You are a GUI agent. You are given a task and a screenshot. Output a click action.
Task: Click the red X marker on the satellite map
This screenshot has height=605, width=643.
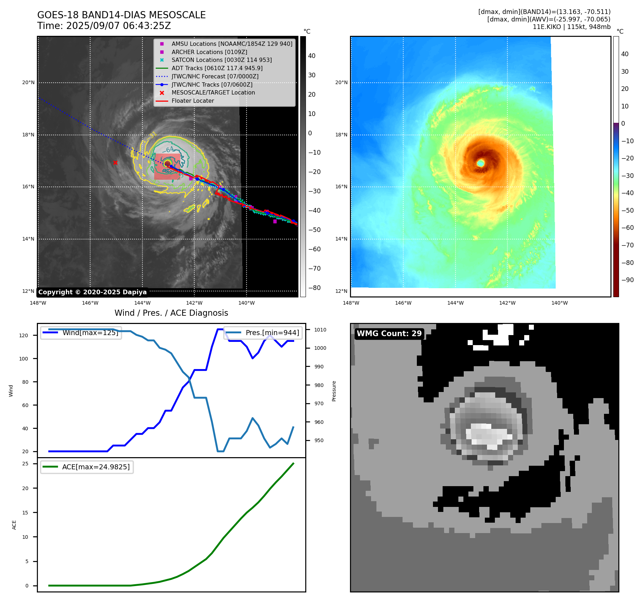click(115, 163)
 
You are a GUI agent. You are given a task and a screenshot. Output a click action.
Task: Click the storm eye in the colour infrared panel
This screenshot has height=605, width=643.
click(481, 163)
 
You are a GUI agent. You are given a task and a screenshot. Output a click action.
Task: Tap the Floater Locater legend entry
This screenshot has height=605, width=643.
click(193, 101)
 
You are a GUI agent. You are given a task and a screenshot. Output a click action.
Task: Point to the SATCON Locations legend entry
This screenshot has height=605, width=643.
click(221, 60)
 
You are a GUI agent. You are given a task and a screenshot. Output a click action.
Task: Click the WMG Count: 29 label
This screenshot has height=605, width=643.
click(389, 334)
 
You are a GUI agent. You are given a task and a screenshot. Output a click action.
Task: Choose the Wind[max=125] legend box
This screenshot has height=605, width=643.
click(81, 333)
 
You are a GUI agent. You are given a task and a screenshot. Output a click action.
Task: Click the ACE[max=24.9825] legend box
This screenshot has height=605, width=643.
click(87, 467)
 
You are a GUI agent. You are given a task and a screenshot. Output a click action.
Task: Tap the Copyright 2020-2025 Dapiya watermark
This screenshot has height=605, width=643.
click(92, 292)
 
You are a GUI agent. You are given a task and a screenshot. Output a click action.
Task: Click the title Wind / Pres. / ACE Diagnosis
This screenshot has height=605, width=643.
click(171, 313)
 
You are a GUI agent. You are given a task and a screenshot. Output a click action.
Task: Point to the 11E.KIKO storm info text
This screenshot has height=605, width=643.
click(571, 27)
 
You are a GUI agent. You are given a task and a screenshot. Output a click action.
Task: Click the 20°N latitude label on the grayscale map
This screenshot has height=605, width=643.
click(28, 83)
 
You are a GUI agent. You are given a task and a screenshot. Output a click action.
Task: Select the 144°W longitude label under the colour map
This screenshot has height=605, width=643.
click(455, 303)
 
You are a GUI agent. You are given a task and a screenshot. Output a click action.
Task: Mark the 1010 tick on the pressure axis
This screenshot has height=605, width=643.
click(320, 330)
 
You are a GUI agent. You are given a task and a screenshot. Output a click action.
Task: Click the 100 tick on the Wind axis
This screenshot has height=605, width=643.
click(23, 359)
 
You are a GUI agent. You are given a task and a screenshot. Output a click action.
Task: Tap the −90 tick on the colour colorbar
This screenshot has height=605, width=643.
click(627, 280)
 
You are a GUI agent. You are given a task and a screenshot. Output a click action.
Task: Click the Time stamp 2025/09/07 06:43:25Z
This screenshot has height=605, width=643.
click(104, 26)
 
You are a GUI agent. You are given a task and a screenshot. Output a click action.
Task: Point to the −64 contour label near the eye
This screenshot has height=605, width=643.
click(170, 150)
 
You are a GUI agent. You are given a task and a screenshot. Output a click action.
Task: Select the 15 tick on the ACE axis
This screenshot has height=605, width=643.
click(25, 513)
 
